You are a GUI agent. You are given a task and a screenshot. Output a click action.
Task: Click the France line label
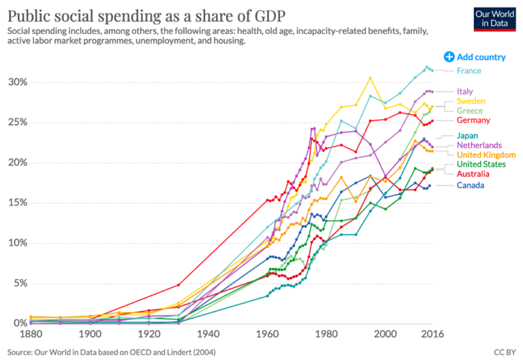coord(469,71)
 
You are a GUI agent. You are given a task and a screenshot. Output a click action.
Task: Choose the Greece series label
coord(469,111)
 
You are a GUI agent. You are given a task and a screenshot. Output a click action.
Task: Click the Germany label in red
coord(473,120)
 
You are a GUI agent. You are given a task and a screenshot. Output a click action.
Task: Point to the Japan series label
coord(468,135)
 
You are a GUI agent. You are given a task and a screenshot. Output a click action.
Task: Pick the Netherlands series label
coord(479,145)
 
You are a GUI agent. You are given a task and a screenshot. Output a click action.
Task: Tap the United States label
coord(481,165)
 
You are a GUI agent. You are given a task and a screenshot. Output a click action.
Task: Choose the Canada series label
coord(471,185)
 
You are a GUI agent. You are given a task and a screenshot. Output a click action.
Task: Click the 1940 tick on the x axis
coord(209,334)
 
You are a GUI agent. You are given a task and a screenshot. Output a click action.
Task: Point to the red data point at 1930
coord(179,284)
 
